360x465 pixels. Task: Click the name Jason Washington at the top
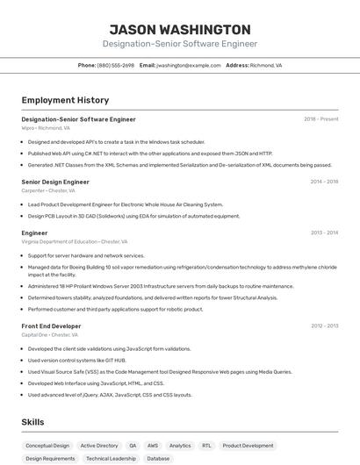coord(180,29)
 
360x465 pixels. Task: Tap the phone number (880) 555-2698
coord(116,65)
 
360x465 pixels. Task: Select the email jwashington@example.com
coord(189,65)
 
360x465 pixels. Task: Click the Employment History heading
coord(65,100)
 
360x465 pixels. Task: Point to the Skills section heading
coord(32,422)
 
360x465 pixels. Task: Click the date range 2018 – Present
coord(321,119)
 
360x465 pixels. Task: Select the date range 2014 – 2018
coord(324,182)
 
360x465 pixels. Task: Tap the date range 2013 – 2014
coord(324,233)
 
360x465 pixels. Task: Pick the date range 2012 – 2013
coord(324,326)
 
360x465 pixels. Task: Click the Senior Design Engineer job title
coord(55,182)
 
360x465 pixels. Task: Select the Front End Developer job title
coord(51,326)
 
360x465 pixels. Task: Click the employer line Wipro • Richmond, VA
coord(46,128)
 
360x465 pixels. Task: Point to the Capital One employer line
coord(50,335)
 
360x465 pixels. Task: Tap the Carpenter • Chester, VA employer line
coord(48,190)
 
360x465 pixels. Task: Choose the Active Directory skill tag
coord(99,446)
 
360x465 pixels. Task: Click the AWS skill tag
coord(153,446)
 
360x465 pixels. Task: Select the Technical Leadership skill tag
coord(111,458)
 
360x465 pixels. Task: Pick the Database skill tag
coord(158,458)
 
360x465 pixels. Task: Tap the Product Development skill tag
coord(248,446)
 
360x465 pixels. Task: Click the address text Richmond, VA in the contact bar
coord(266,65)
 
